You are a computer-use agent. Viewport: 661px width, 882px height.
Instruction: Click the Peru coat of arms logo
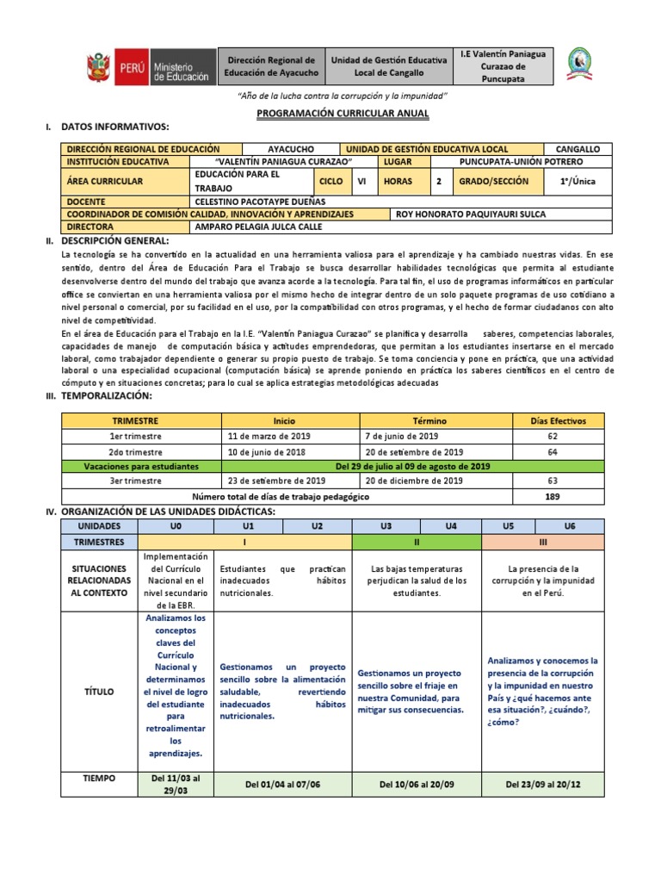[98, 67]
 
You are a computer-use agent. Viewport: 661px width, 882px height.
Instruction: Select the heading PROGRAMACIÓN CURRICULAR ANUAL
[330, 114]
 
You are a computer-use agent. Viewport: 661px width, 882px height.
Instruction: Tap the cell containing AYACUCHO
[292, 149]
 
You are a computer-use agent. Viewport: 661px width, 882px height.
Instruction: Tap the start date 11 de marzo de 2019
[275, 437]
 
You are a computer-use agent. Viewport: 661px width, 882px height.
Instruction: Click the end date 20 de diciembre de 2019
[414, 481]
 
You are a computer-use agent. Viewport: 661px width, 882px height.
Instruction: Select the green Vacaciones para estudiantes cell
[141, 466]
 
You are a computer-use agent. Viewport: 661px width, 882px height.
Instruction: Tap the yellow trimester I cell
[246, 543]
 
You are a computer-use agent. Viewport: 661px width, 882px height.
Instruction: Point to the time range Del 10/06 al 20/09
[417, 785]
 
